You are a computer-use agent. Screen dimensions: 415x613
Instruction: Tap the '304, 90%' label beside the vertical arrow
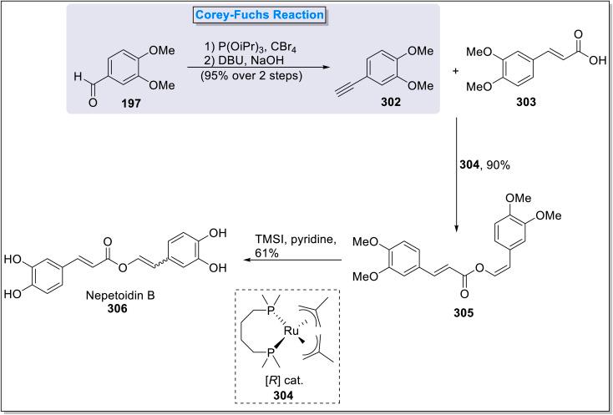[487, 164]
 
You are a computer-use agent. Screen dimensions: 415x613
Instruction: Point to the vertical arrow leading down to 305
[457, 175]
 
